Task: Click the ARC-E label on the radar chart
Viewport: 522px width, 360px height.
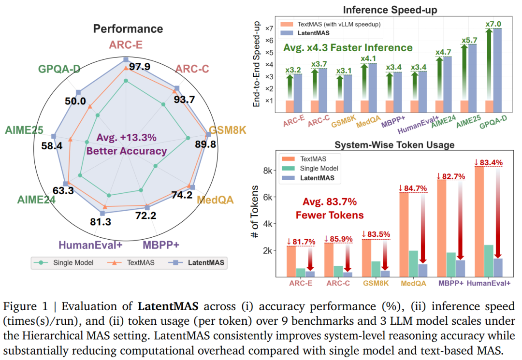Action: coord(125,45)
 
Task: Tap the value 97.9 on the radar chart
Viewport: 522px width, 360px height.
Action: coord(140,66)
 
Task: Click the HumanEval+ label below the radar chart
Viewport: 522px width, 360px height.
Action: coord(90,245)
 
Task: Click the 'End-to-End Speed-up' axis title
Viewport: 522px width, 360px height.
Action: coord(256,64)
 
